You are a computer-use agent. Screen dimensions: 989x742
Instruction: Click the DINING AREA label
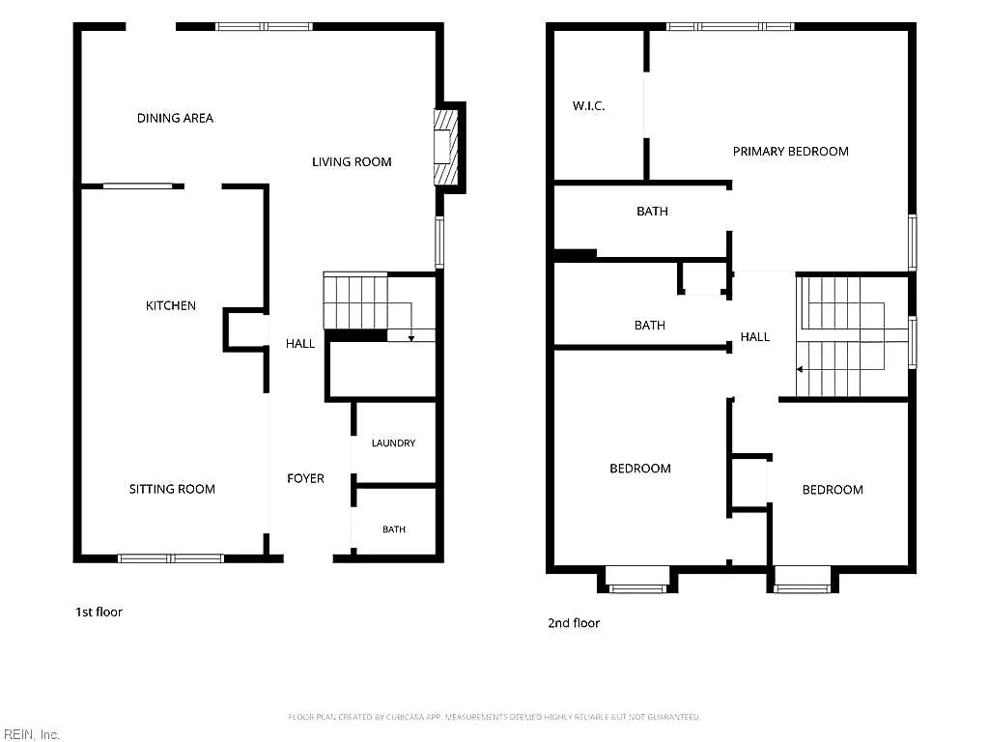[x=176, y=118]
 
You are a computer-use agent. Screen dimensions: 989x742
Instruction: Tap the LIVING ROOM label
[x=352, y=162]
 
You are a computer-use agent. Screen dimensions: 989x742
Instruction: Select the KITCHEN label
[x=171, y=306]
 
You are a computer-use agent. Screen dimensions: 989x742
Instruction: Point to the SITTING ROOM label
[x=172, y=489]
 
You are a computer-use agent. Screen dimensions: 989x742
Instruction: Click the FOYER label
[x=306, y=479]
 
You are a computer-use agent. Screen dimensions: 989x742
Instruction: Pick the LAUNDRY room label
[x=394, y=443]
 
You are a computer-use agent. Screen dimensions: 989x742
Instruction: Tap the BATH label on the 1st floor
[x=394, y=529]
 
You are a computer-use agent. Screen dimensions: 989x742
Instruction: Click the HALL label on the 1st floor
[x=300, y=344]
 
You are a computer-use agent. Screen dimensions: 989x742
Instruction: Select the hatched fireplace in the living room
[x=445, y=147]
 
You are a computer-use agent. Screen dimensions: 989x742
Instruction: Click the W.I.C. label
[x=588, y=106]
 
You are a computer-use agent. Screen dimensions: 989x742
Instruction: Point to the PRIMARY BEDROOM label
[x=791, y=152]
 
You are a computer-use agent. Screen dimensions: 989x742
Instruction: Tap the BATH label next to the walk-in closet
[x=652, y=212]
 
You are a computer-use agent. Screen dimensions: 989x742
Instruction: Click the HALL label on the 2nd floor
[x=755, y=337]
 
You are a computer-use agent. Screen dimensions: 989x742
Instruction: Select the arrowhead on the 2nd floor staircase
[x=800, y=369]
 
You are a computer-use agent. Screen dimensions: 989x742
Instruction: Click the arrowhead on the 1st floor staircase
[x=411, y=339]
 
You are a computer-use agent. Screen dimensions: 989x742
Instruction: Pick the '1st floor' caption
[x=99, y=612]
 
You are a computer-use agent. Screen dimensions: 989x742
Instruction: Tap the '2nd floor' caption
[x=574, y=623]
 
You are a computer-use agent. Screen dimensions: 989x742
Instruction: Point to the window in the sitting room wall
[x=171, y=558]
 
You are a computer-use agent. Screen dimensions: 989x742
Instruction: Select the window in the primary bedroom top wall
[x=730, y=26]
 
